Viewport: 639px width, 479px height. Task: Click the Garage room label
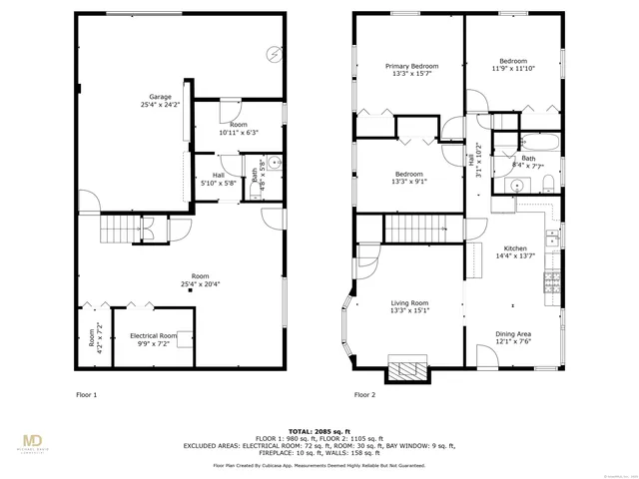[x=160, y=101]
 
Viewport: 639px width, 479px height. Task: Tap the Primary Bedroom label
[x=411, y=71]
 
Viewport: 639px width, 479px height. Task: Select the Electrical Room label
[x=154, y=339]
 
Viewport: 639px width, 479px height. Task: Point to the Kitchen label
[x=514, y=251]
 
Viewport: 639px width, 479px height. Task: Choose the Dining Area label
[x=514, y=338]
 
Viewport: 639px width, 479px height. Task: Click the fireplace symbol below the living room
[x=406, y=371]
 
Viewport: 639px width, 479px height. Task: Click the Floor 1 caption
[x=87, y=394]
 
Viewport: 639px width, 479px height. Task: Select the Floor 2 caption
[x=365, y=394]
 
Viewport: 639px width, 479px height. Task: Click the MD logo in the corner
[x=33, y=442]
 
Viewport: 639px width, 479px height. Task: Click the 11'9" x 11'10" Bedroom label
[x=513, y=65]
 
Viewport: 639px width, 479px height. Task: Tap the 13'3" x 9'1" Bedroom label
[x=411, y=179]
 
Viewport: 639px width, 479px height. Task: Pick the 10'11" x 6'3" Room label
[x=238, y=129]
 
